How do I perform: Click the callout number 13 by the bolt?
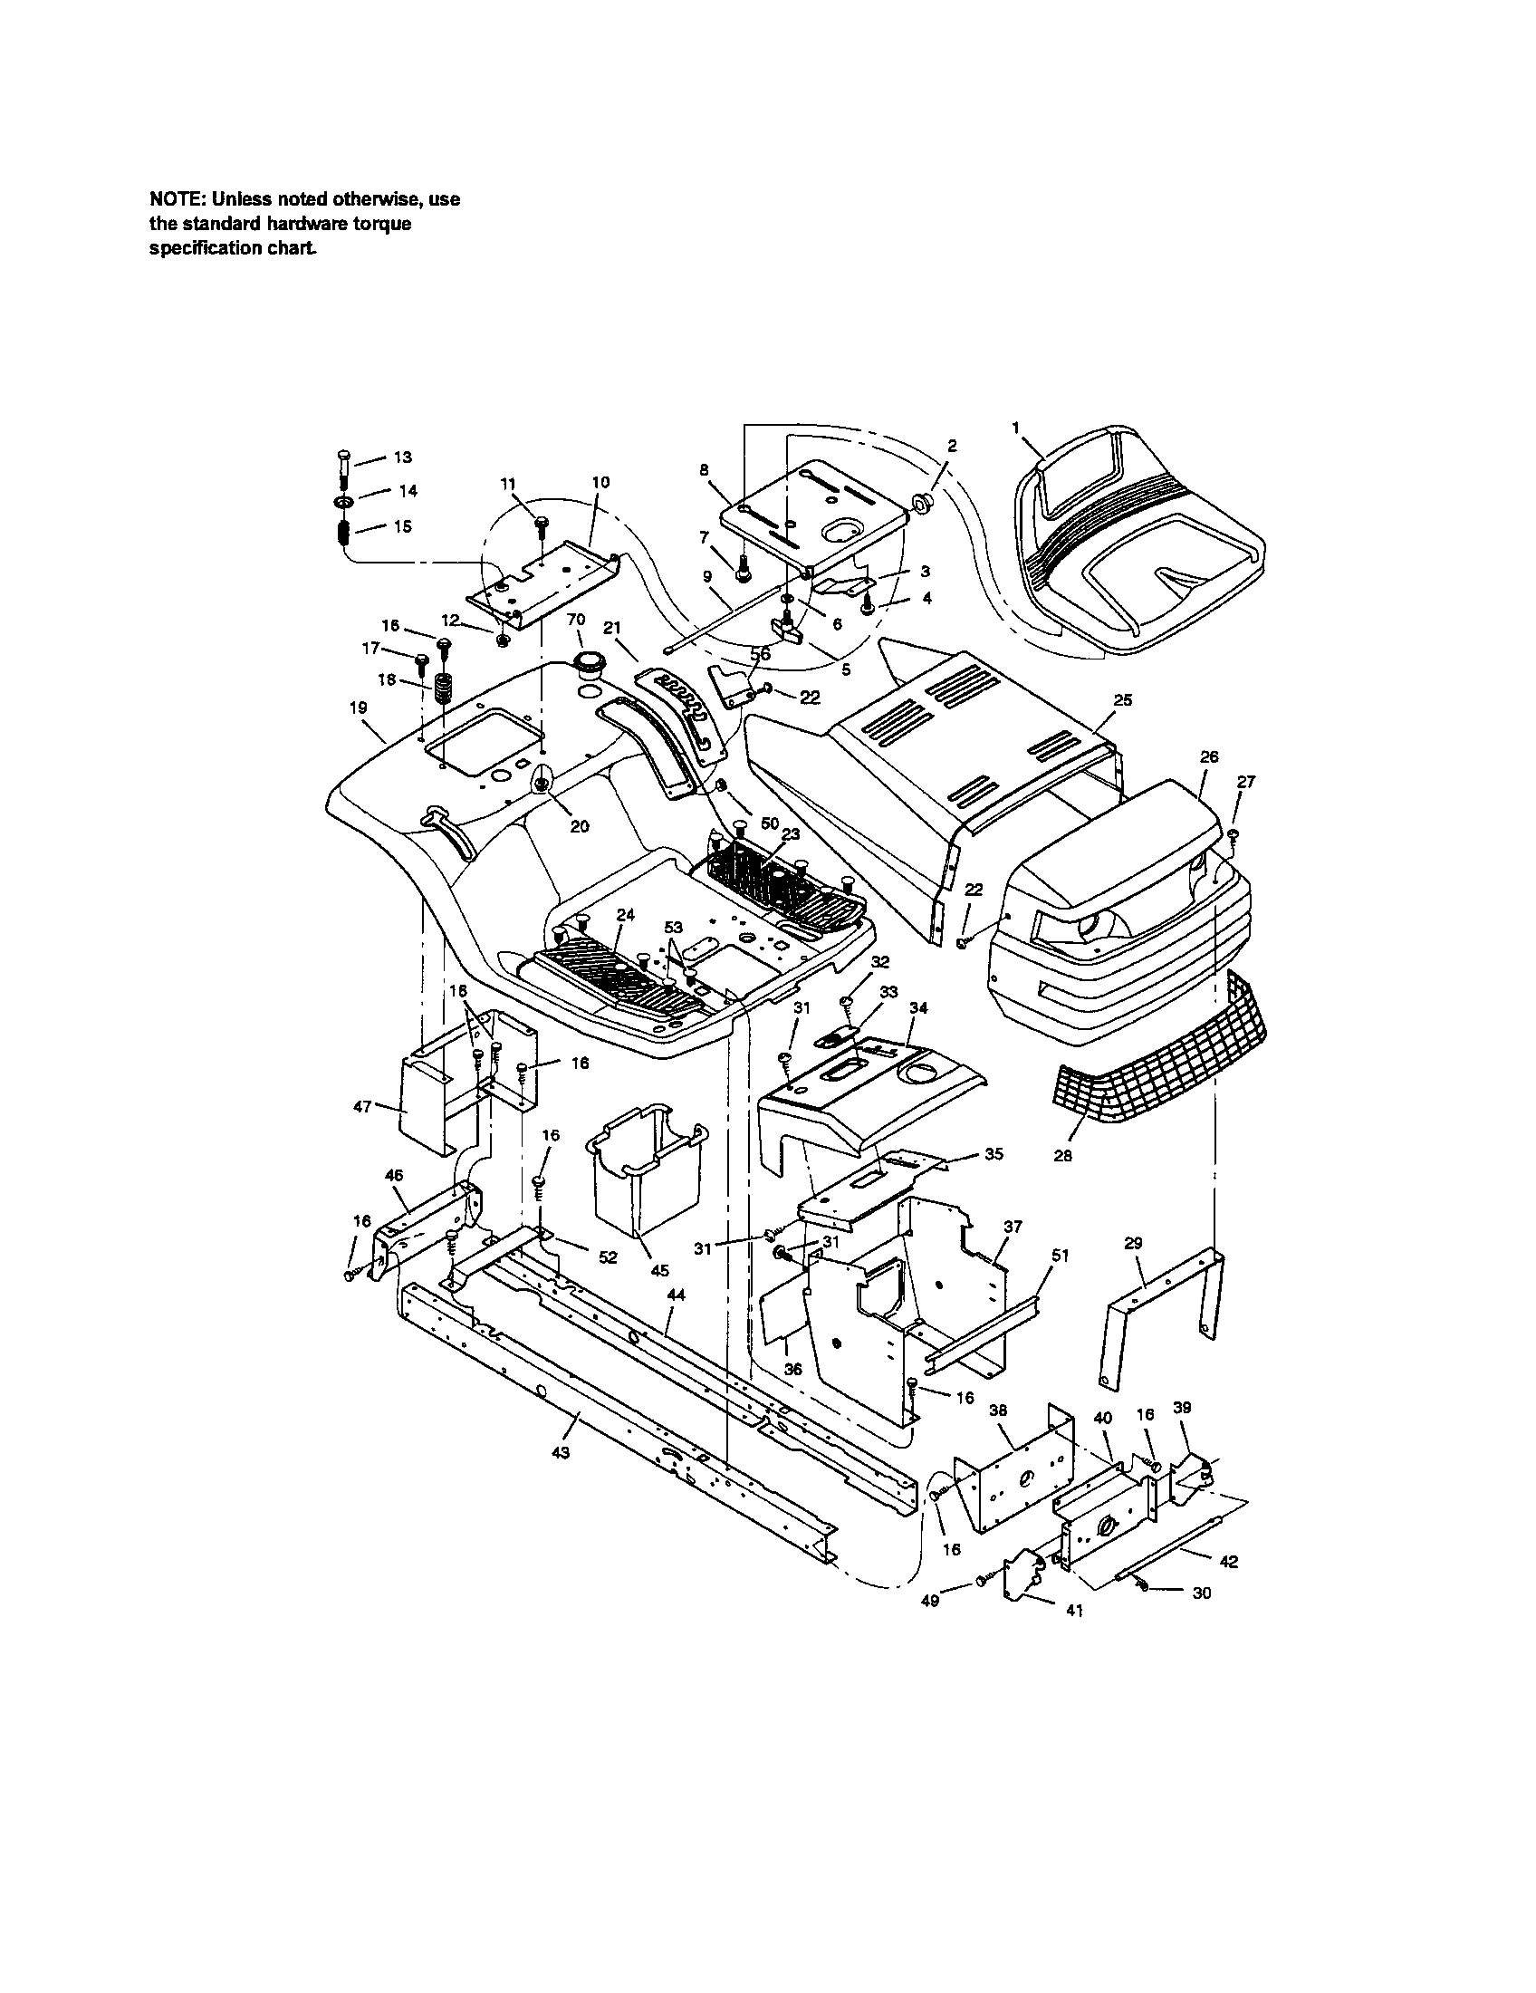click(403, 457)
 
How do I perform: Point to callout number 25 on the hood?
click(1123, 700)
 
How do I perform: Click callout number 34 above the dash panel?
click(919, 1007)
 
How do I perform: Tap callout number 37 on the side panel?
click(1013, 1228)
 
